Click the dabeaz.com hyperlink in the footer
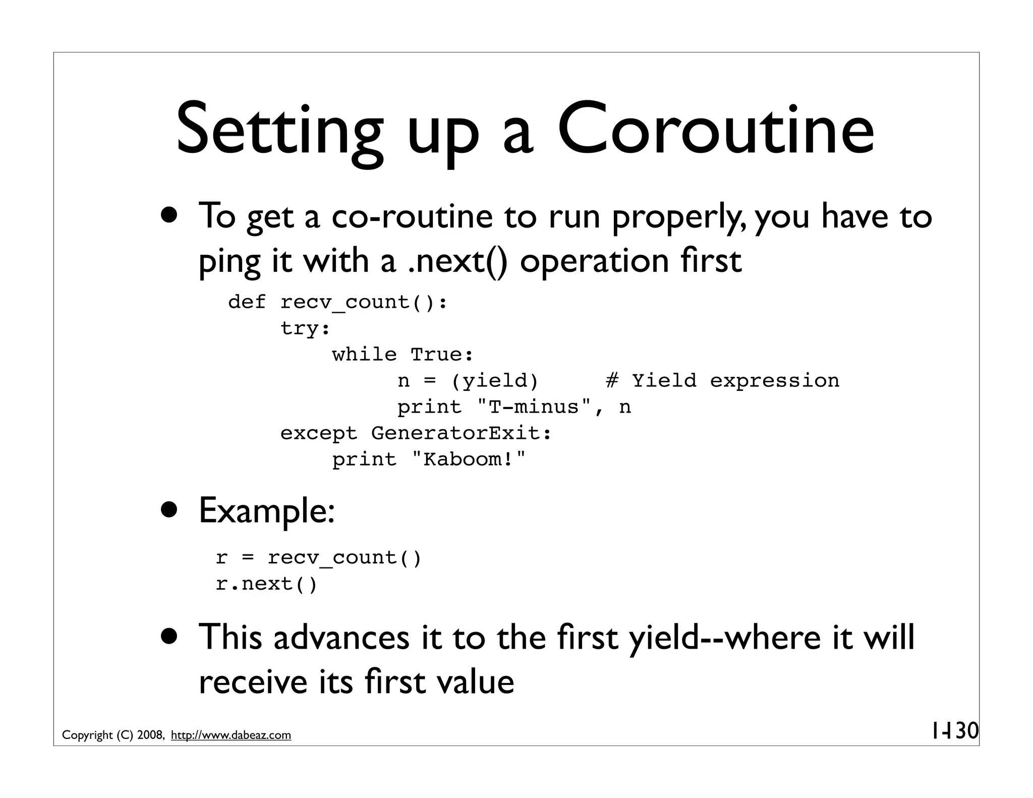(231, 735)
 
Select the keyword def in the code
(247, 302)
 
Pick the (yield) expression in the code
(495, 381)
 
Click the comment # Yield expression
(722, 381)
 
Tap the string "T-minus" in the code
(534, 407)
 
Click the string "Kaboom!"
(469, 460)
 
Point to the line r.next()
(266, 584)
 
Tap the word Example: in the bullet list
(267, 510)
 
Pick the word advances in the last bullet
(341, 637)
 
